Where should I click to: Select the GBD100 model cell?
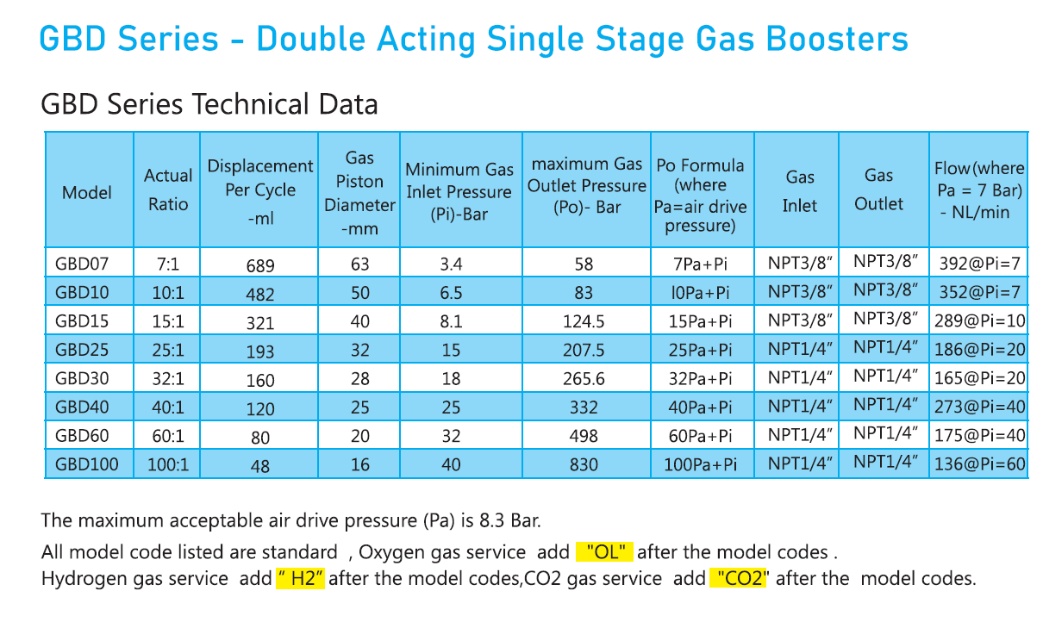pyautogui.click(x=86, y=465)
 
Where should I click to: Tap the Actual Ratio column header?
pyautogui.click(x=168, y=190)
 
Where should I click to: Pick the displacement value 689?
pyautogui.click(x=260, y=265)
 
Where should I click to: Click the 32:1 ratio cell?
pyautogui.click(x=168, y=378)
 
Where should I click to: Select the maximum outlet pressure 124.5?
pyautogui.click(x=584, y=321)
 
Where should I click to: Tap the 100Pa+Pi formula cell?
pyautogui.click(x=701, y=465)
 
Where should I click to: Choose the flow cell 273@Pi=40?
pyautogui.click(x=979, y=407)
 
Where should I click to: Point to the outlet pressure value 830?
pyautogui.click(x=584, y=465)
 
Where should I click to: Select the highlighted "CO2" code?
pyautogui.click(x=739, y=578)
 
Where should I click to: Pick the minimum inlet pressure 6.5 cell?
pyautogui.click(x=451, y=293)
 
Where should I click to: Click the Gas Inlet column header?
pyautogui.click(x=799, y=190)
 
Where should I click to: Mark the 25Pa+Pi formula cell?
pyautogui.click(x=701, y=350)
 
